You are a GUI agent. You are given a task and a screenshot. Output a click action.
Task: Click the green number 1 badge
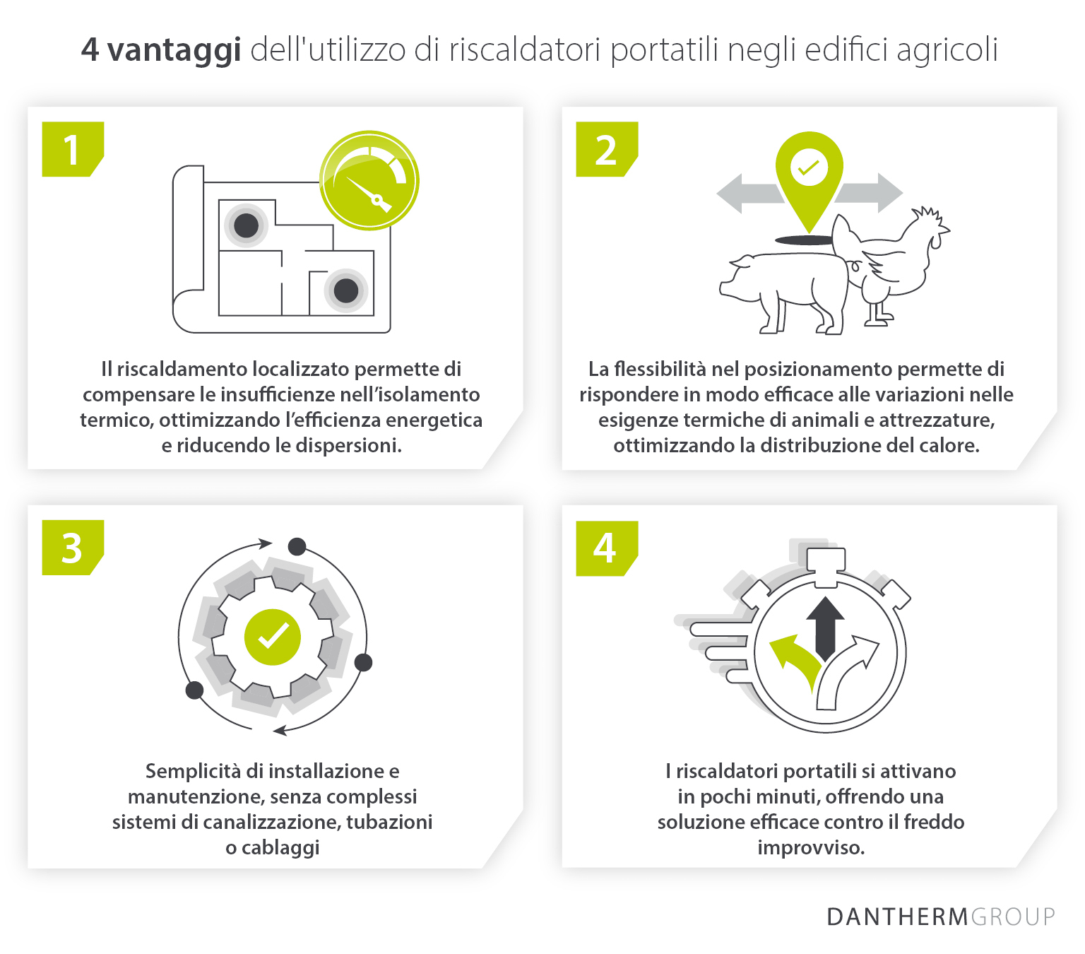72,149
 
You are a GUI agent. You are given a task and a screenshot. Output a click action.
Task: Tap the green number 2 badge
606,149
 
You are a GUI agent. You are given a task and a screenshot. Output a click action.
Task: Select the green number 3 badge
72,548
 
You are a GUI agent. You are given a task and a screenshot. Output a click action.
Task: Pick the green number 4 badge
606,548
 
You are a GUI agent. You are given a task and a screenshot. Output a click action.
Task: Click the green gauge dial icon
369,180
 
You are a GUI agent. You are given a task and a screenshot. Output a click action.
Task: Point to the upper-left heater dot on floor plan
246,226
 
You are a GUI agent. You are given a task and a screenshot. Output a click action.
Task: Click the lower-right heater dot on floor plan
345,290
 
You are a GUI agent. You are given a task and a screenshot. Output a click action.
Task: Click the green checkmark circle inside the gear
273,637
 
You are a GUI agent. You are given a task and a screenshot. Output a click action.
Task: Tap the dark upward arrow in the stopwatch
825,625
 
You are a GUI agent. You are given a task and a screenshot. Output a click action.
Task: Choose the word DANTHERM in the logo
896,917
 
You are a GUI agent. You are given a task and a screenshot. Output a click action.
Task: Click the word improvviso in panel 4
810,847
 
